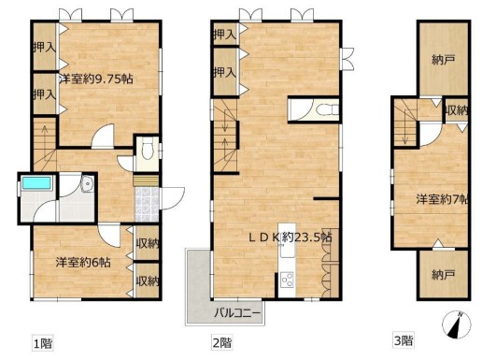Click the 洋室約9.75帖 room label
tap(96, 79)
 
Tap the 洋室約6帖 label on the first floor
tap(83, 263)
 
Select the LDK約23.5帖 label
tap(290, 238)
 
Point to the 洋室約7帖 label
tap(442, 199)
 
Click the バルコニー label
tap(237, 312)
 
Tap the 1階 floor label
tap(43, 344)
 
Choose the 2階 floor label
tap(222, 343)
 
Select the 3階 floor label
tap(404, 340)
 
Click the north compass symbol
tap(457, 324)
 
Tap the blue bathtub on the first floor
tap(36, 183)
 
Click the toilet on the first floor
tap(148, 150)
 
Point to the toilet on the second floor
tap(327, 109)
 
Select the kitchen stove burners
tap(287, 280)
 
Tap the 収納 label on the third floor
tap(457, 110)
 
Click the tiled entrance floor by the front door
tap(147, 204)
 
